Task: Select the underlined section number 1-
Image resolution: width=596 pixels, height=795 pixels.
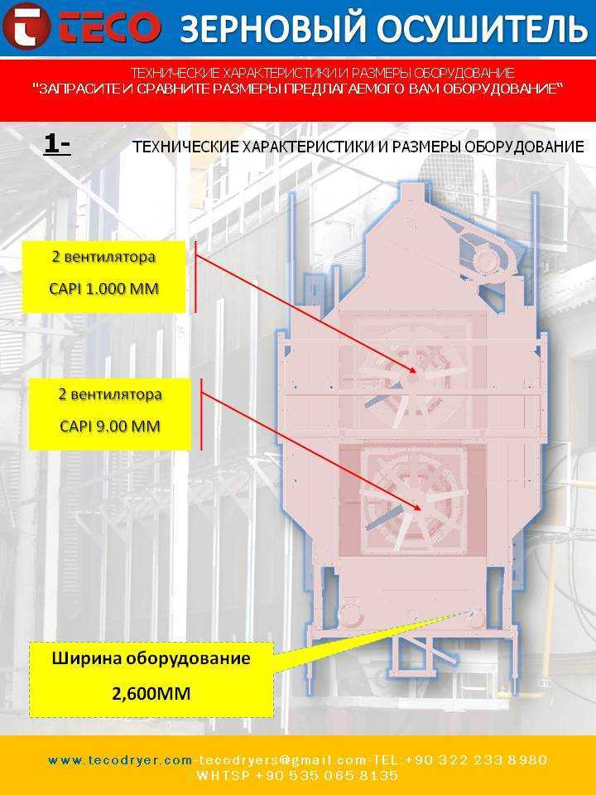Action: coord(57,145)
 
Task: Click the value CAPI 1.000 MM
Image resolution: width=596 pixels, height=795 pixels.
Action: coord(104,289)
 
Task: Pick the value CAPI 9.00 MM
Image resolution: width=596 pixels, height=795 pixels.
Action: coord(110,426)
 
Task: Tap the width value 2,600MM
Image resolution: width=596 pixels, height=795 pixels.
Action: coord(151,693)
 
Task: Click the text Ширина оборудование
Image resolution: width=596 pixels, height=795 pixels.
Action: coord(151,658)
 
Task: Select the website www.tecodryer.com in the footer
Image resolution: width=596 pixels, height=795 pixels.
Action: coord(120,760)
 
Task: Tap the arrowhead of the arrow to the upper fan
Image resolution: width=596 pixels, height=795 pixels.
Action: coord(413,371)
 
